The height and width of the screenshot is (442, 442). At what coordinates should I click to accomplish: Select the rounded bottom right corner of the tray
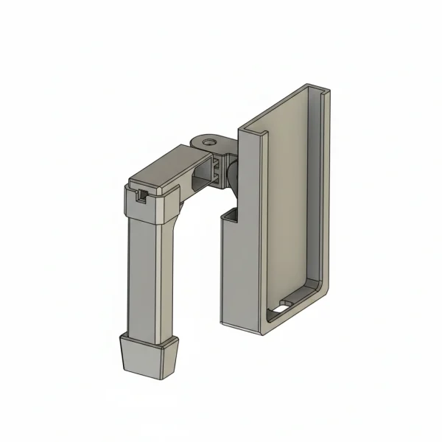pyautogui.click(x=320, y=295)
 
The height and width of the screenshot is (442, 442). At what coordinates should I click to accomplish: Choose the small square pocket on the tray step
pyautogui.click(x=230, y=214)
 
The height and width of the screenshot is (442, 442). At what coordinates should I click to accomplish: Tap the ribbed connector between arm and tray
pyautogui.click(x=217, y=169)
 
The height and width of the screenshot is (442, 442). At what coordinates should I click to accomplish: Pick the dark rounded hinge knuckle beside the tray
pyautogui.click(x=232, y=173)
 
